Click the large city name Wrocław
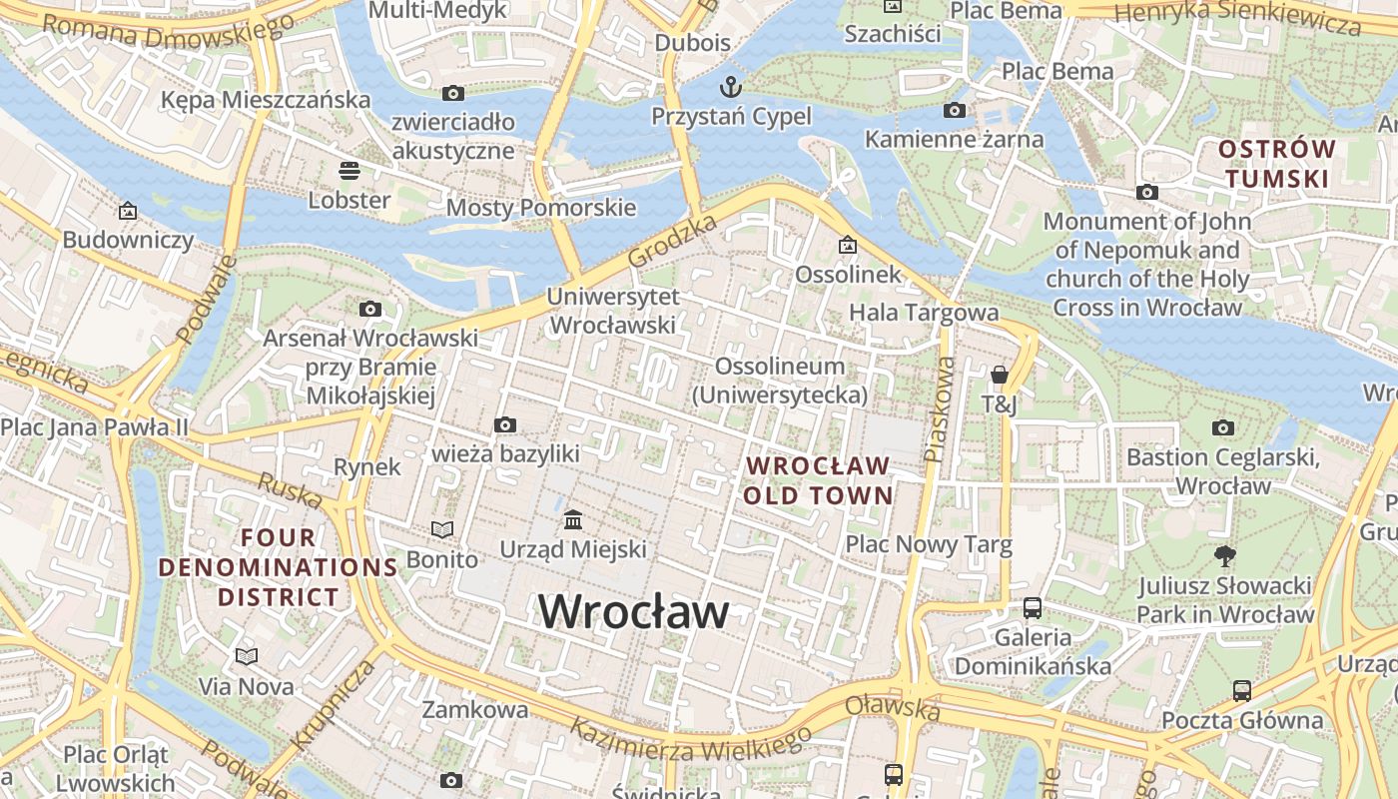point(634,611)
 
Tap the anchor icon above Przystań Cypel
point(732,86)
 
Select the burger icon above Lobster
point(349,170)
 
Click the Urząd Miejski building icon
point(573,520)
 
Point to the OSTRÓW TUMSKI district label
point(1277,164)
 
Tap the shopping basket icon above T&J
point(999,375)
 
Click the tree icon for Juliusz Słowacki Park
point(1225,555)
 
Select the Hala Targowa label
point(924,313)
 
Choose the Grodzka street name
point(673,242)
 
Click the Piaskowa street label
point(940,410)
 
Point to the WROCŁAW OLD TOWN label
point(818,480)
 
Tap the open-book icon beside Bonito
point(441,529)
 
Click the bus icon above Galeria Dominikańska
point(1033,607)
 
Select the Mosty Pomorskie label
point(540,208)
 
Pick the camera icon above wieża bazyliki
point(505,425)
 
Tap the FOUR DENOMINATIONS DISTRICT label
point(279,567)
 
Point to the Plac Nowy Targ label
point(929,544)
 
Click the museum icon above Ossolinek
point(848,245)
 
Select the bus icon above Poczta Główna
point(1241,690)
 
